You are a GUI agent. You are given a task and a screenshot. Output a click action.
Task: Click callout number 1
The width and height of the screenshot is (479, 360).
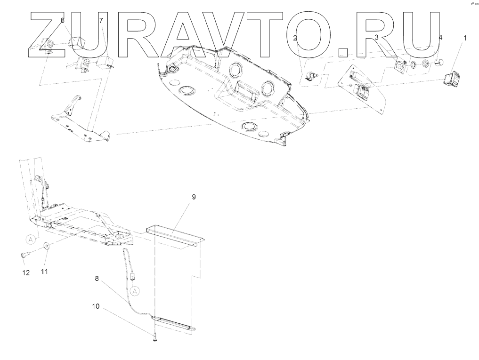465,38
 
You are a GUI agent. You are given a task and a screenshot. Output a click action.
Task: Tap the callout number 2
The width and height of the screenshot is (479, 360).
295,38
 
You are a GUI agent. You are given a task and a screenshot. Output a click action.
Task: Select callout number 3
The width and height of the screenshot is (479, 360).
376,37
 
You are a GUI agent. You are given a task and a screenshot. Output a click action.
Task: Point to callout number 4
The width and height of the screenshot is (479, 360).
440,37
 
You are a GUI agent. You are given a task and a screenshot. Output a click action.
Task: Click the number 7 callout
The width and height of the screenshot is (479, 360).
100,20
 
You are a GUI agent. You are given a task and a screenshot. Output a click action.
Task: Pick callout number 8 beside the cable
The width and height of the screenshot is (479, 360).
97,278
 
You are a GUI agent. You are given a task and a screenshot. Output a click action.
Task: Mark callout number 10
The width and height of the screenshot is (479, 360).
96,306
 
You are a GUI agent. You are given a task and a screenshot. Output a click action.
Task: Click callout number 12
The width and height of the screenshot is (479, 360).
25,273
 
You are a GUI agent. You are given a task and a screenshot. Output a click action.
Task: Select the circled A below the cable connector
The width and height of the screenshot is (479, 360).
135,291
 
